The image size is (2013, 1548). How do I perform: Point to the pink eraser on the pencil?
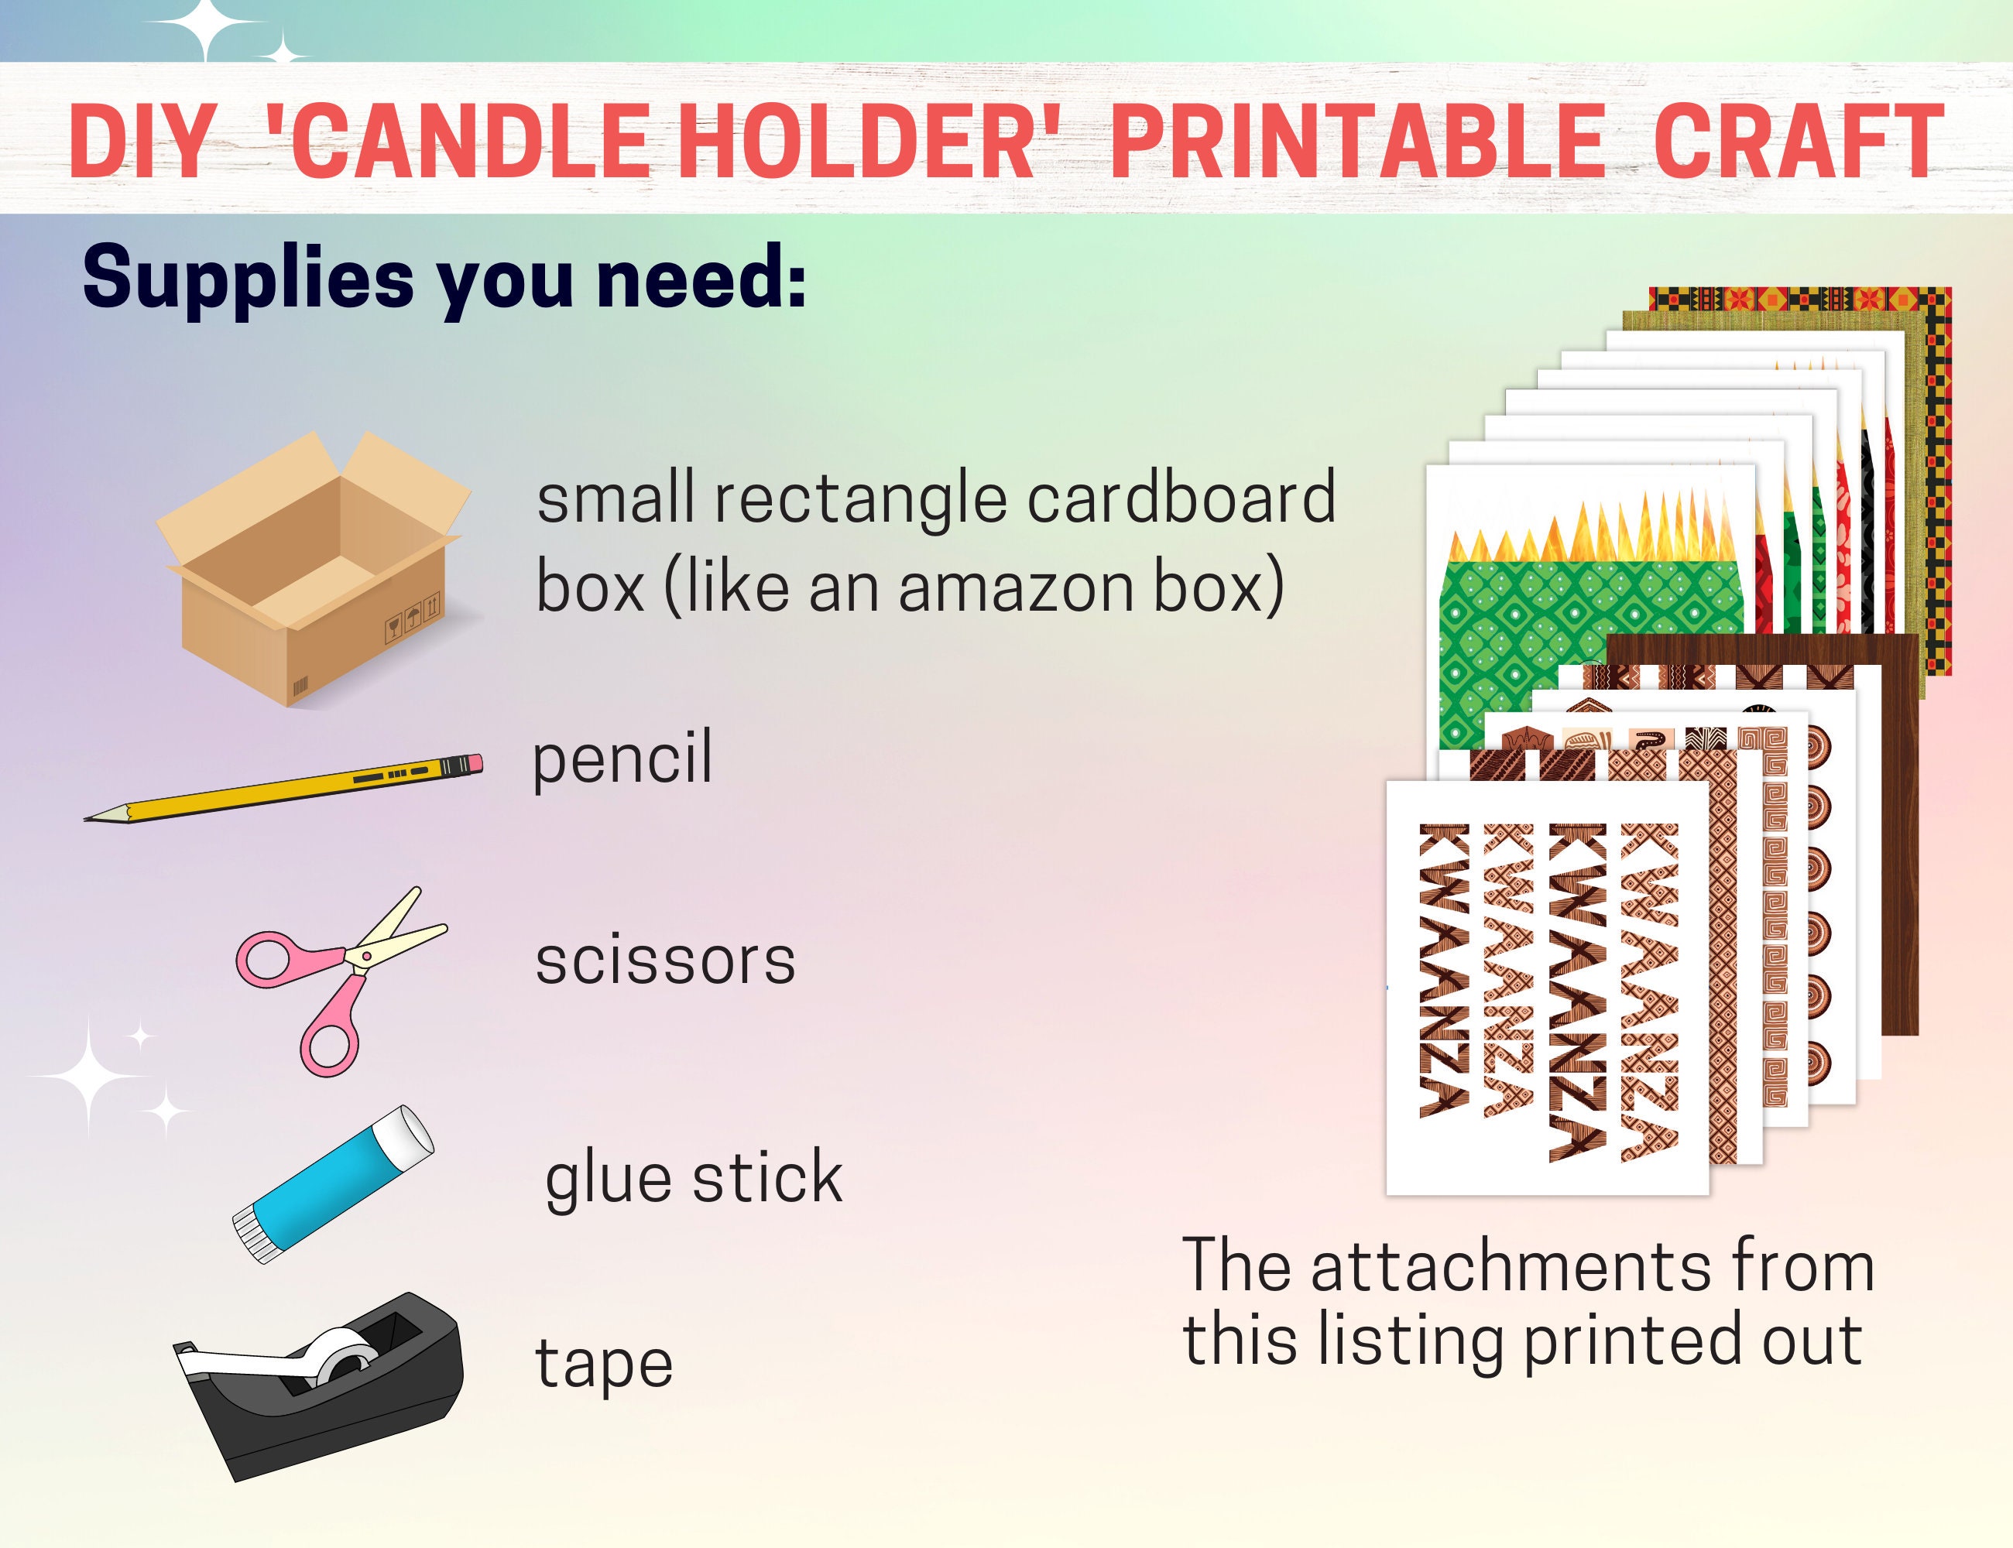(473, 764)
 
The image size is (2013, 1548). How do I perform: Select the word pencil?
(622, 758)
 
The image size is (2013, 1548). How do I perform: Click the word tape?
(604, 1364)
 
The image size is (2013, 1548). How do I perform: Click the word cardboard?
(1180, 498)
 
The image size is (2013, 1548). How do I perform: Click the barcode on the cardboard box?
(300, 687)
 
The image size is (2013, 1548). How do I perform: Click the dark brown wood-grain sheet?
(1889, 829)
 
